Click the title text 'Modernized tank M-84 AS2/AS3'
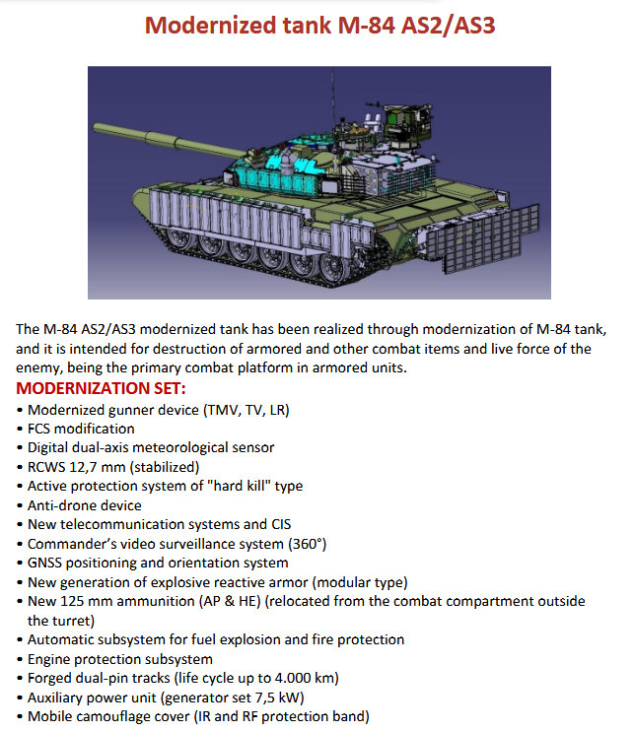pyautogui.click(x=319, y=26)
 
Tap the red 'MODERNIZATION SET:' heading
pyautogui.click(x=101, y=388)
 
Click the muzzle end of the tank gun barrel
pyautogui.click(x=96, y=128)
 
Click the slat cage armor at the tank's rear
pyautogui.click(x=483, y=237)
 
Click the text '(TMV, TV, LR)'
pyautogui.click(x=247, y=410)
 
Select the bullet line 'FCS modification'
pyautogui.click(x=81, y=429)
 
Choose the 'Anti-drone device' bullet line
pyautogui.click(x=85, y=505)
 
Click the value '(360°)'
pyautogui.click(x=307, y=544)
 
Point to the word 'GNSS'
pyautogui.click(x=44, y=563)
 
